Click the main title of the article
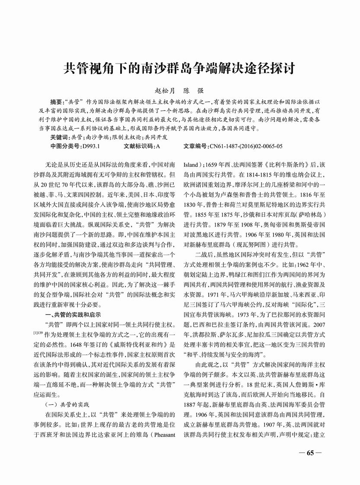point(180,68)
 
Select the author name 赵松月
point(166,91)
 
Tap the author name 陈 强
point(194,91)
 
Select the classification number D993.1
point(90,146)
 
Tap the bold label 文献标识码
point(139,146)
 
